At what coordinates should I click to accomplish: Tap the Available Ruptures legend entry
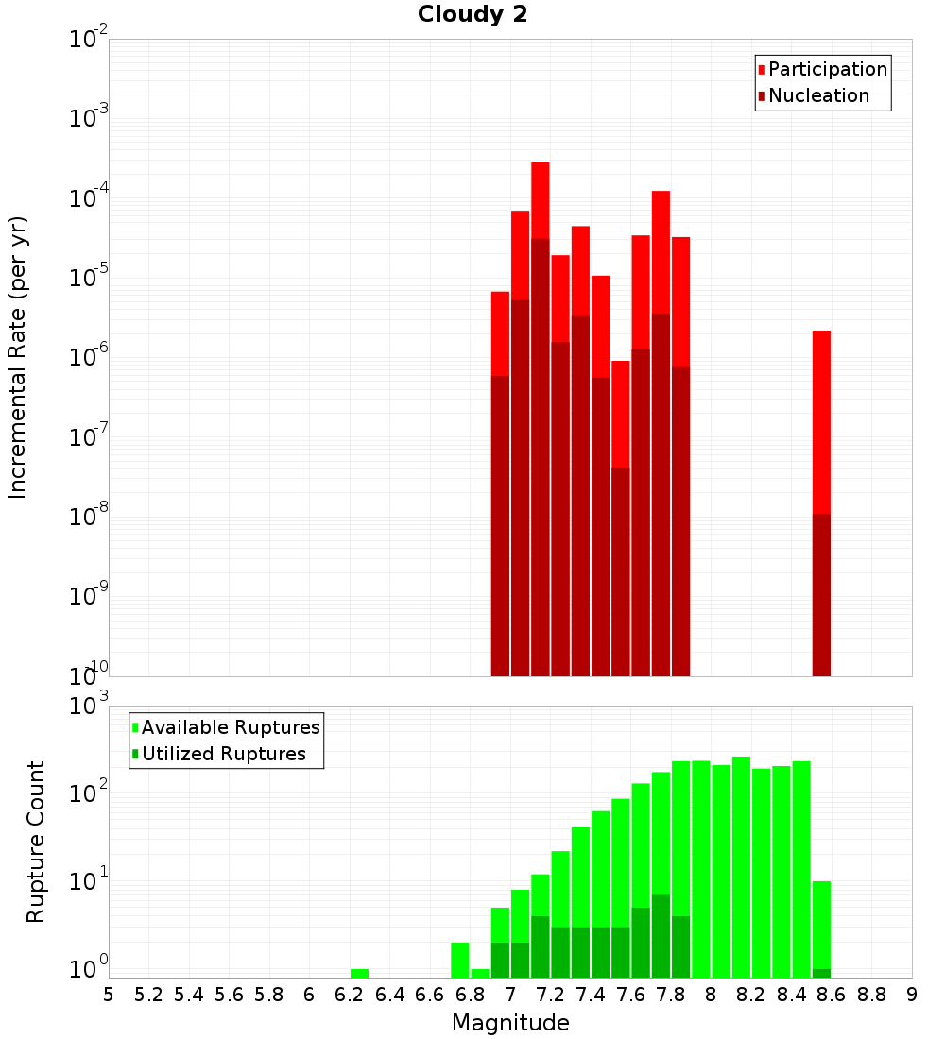pyautogui.click(x=231, y=727)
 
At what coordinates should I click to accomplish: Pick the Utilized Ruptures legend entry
pyautogui.click(x=223, y=754)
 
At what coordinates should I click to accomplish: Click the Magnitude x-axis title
pyautogui.click(x=510, y=1023)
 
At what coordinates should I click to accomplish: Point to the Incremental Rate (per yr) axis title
pyautogui.click(x=18, y=357)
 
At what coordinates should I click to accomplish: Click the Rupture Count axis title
pyautogui.click(x=36, y=842)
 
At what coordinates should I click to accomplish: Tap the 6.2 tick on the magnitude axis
pyautogui.click(x=350, y=995)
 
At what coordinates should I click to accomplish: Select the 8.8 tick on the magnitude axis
pyautogui.click(x=871, y=995)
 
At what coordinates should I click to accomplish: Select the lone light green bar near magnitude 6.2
pyautogui.click(x=359, y=973)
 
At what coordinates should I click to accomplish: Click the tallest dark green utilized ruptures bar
pyautogui.click(x=661, y=935)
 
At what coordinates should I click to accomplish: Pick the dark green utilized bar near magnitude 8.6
pyautogui.click(x=821, y=973)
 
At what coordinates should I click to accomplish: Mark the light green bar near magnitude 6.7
pyautogui.click(x=459, y=960)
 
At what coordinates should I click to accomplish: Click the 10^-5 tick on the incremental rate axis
pyautogui.click(x=89, y=278)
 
